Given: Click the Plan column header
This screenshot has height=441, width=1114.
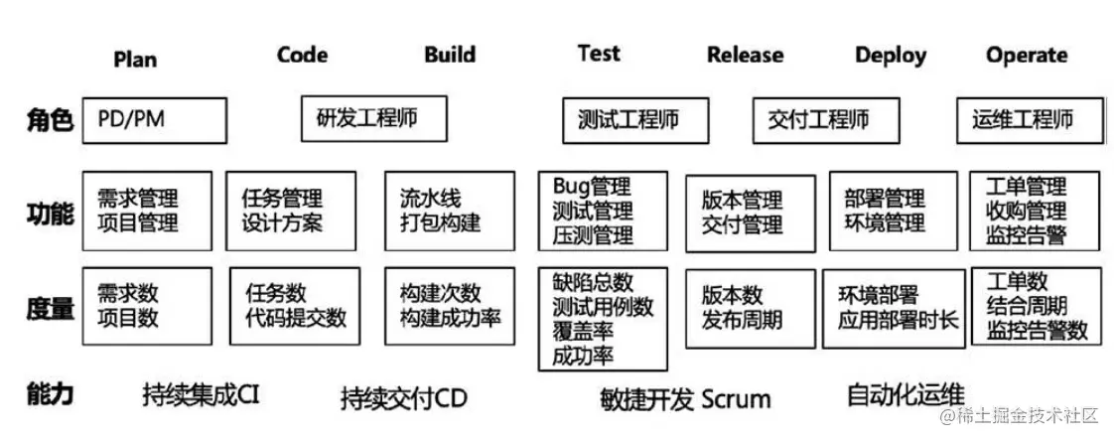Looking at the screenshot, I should tap(135, 60).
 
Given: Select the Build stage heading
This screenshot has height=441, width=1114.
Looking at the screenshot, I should tap(450, 55).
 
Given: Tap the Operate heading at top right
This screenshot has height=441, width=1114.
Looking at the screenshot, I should tap(1027, 55).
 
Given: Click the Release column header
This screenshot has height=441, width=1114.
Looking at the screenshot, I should tap(745, 56).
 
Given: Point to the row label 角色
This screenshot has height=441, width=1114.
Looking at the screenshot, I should tap(49, 121).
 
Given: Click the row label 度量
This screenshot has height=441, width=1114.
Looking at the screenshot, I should tap(49, 308).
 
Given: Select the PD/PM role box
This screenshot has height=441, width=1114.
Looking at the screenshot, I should tap(154, 120).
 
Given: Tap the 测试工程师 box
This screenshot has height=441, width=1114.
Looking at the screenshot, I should tap(634, 120).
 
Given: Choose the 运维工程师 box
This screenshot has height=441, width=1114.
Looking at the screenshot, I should tap(1029, 120).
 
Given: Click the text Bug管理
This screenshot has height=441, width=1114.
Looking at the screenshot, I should tap(592, 186).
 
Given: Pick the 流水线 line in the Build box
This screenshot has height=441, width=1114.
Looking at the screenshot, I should tap(430, 199).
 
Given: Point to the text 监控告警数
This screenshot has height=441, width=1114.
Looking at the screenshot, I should tap(1038, 330).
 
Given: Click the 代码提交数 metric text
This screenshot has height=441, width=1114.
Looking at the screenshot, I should tap(296, 318).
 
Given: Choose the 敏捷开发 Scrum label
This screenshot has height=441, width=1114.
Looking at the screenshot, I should tap(685, 399).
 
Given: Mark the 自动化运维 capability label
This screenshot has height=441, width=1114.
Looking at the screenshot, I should tap(905, 394).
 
